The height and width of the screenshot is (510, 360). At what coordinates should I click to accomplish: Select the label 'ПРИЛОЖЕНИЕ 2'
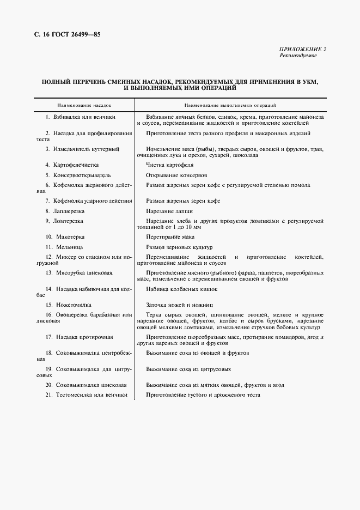pos(303,50)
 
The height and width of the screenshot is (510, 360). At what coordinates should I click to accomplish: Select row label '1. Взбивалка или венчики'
pos(81,117)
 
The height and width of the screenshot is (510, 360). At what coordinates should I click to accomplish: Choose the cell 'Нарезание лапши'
pos(169,211)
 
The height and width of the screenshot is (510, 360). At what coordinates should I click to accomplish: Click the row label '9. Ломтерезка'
pos(64,221)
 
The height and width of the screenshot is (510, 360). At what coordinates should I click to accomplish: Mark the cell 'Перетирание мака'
pos(170,237)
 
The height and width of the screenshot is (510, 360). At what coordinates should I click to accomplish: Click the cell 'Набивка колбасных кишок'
pos(181,289)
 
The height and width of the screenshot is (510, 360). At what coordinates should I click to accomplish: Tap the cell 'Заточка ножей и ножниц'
pos(179,305)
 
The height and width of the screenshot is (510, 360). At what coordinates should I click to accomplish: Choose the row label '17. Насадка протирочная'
pos(79,337)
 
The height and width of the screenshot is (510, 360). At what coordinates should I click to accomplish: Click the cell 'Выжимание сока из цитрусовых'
pos(185,369)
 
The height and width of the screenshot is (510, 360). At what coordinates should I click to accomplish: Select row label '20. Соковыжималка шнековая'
pos(83,385)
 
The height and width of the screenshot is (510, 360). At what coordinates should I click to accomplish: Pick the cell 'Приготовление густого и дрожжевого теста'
pos(203,395)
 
